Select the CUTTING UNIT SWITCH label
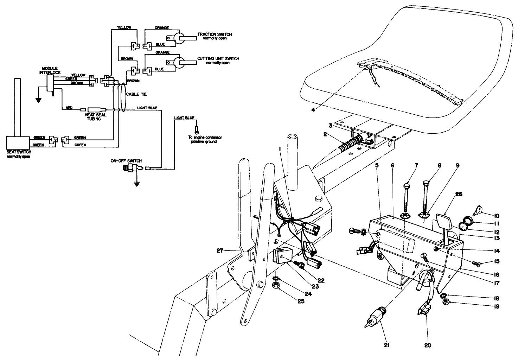coord(218,58)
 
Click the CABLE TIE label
coord(138,94)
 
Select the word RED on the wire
coord(69,108)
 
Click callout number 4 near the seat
coord(313,109)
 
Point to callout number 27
coord(220,250)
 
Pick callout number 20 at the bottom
coord(428,345)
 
